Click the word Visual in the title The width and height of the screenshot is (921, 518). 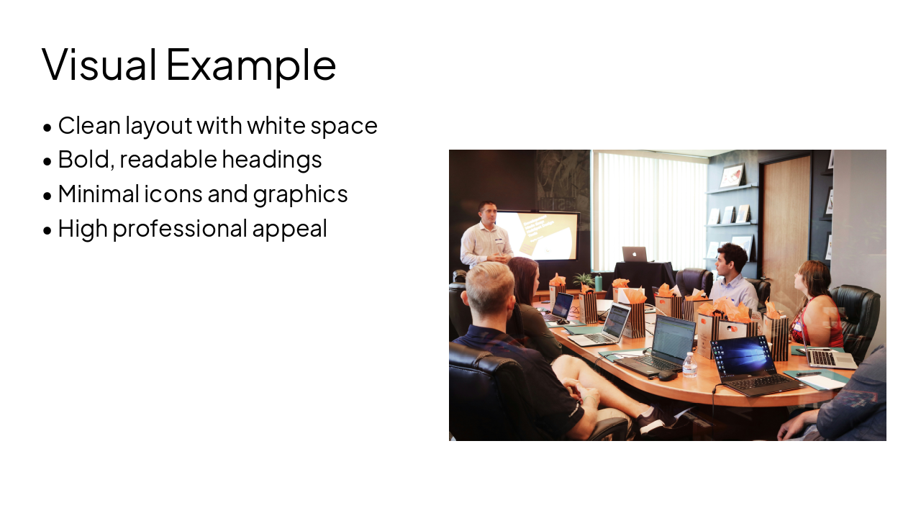pyautogui.click(x=99, y=64)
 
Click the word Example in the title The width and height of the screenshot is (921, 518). pyautogui.click(x=251, y=65)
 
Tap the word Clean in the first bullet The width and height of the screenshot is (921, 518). pyautogui.click(x=89, y=125)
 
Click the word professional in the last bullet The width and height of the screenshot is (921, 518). pyautogui.click(x=179, y=228)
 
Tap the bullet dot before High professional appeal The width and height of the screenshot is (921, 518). pyautogui.click(x=47, y=230)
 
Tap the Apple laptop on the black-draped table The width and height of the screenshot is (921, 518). pyautogui.click(x=634, y=254)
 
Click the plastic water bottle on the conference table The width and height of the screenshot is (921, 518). pyautogui.click(x=689, y=365)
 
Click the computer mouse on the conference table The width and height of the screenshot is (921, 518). pyautogui.click(x=667, y=375)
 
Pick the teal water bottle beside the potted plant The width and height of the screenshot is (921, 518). pyautogui.click(x=599, y=282)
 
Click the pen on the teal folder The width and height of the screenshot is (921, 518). pyautogui.click(x=809, y=374)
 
